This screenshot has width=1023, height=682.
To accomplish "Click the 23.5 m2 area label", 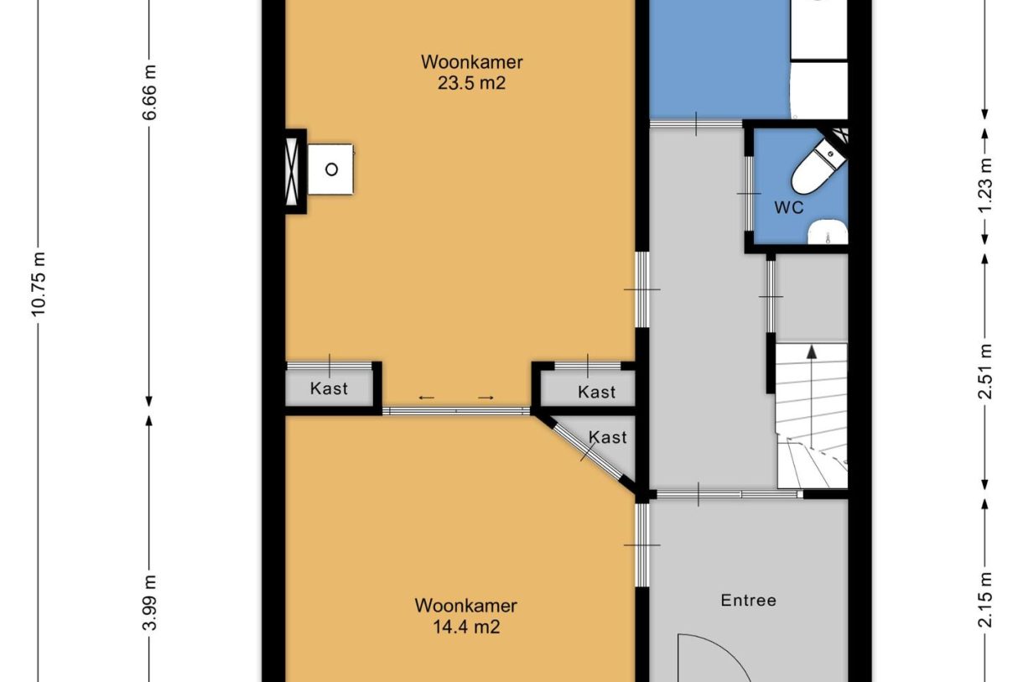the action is [472, 83].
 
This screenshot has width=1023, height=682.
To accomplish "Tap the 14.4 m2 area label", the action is [466, 627].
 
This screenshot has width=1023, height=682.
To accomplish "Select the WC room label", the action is [789, 208].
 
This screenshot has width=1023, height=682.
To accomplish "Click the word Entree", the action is [749, 601].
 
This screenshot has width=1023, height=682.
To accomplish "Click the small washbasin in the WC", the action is [828, 232].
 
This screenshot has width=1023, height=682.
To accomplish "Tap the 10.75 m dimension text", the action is [39, 284].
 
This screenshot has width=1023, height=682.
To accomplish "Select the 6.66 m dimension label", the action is [150, 93].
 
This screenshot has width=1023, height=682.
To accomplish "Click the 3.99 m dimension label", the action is [150, 602].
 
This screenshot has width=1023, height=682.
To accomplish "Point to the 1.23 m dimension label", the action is [985, 185].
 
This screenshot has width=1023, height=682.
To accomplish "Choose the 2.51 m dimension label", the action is [985, 372].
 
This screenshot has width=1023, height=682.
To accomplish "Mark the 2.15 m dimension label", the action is [985, 601].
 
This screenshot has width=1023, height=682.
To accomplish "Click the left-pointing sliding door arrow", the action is [427, 398].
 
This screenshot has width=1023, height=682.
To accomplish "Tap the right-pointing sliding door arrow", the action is [486, 398].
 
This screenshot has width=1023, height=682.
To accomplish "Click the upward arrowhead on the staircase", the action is [812, 351].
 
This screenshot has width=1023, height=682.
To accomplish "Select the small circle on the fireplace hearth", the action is [331, 169].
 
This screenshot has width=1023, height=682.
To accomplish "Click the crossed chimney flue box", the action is [292, 171].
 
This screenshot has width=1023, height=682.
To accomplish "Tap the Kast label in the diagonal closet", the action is [608, 438].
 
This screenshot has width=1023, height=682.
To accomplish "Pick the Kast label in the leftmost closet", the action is [329, 388].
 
